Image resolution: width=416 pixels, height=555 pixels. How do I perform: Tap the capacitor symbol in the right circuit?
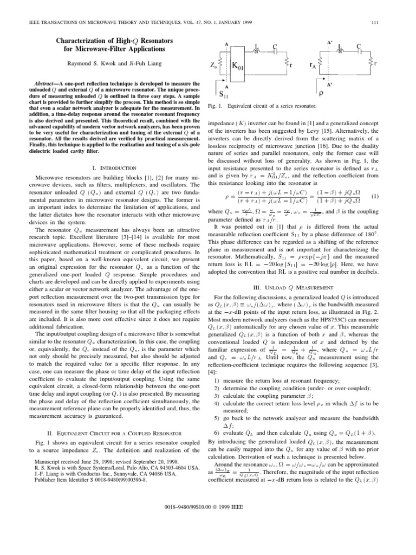[x=359, y=53]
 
